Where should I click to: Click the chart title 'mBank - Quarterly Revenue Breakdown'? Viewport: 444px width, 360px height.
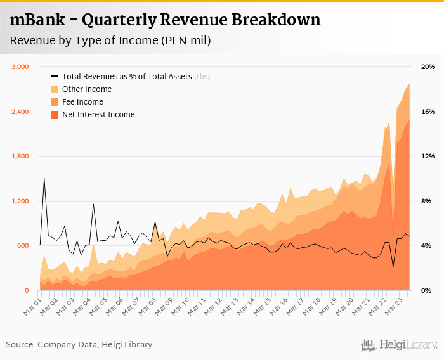click(x=166, y=20)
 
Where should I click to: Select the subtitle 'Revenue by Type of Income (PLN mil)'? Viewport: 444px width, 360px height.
click(x=110, y=41)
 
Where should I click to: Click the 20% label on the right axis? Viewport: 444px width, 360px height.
click(x=428, y=67)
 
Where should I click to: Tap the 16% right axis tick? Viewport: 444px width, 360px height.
click(x=428, y=112)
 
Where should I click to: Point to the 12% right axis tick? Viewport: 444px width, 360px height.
click(x=428, y=157)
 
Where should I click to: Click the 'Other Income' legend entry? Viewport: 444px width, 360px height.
click(x=86, y=89)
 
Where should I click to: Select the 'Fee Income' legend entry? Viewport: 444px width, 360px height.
click(x=82, y=102)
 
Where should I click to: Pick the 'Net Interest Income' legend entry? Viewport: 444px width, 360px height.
click(x=98, y=115)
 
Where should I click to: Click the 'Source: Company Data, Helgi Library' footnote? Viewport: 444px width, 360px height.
click(x=79, y=345)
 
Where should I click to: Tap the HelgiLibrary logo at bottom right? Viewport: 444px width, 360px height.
click(x=400, y=345)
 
